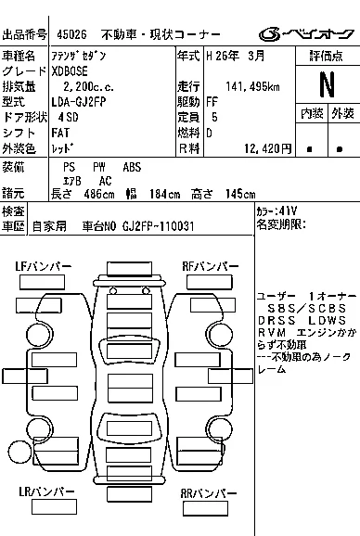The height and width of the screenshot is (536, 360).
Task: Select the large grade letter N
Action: click(x=326, y=84)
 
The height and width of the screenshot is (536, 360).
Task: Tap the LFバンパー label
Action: click(x=44, y=267)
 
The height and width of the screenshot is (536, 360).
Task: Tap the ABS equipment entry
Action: click(x=132, y=167)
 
